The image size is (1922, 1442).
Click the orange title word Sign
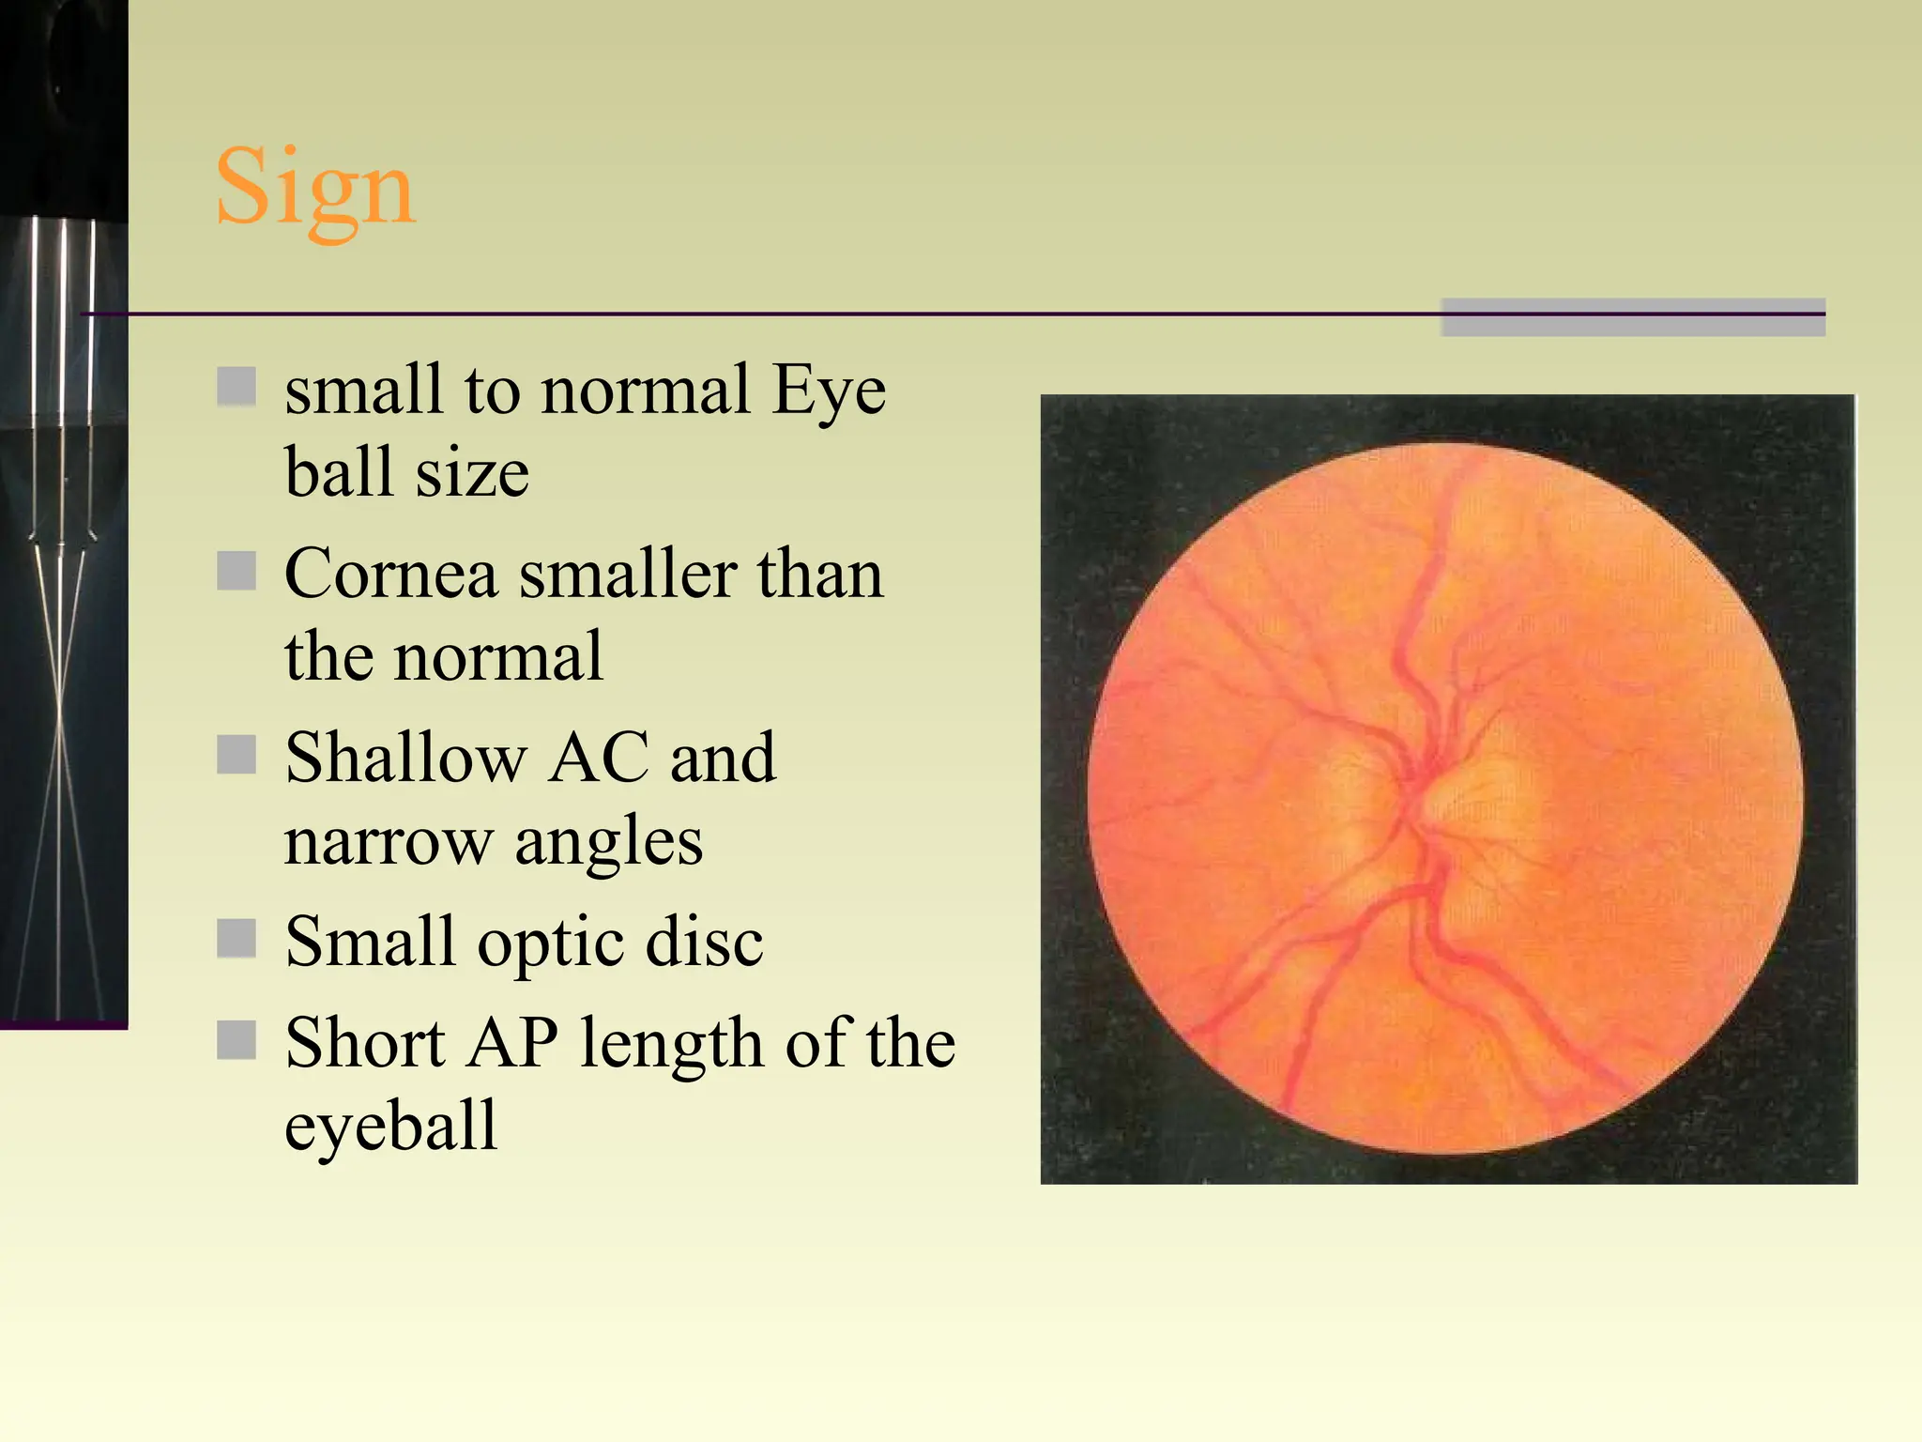[x=314, y=188]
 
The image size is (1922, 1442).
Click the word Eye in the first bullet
[x=828, y=391]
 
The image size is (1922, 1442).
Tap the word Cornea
[x=390, y=574]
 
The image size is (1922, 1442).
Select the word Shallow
[x=405, y=758]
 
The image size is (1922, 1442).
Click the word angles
[x=608, y=842]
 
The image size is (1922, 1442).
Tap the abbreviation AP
[x=514, y=1043]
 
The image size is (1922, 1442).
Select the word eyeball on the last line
[x=390, y=1128]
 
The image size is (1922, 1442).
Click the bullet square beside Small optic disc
[x=236, y=938]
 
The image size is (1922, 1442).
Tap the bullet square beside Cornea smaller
[x=236, y=571]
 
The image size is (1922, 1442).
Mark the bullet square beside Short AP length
[x=236, y=1039]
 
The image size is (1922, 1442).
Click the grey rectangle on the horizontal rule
[x=1632, y=317]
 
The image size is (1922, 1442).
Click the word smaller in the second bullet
[x=627, y=574]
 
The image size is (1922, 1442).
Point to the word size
[x=472, y=472]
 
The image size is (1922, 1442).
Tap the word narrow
[x=389, y=842]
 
